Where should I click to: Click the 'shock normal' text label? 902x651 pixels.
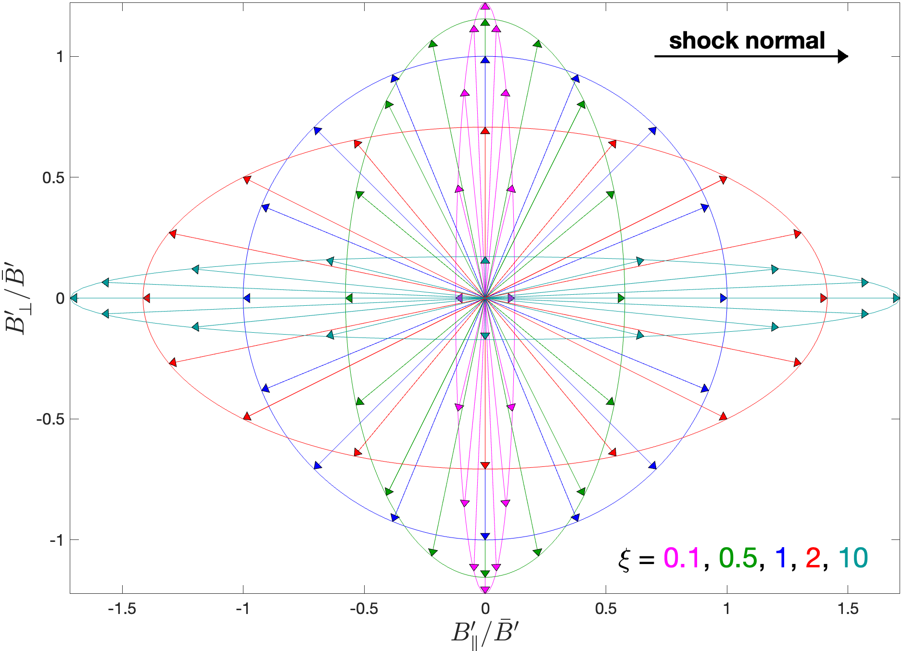tap(747, 40)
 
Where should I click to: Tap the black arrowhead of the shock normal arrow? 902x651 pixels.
tap(842, 56)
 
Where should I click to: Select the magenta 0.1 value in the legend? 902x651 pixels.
tap(682, 558)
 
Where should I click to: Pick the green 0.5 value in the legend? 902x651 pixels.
tap(737, 558)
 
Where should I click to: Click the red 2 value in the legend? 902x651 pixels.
tap(813, 558)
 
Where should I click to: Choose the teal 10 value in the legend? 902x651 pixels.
tap(853, 558)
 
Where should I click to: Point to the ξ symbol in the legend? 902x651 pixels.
tap(624, 559)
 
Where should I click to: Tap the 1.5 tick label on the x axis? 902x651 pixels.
tap(848, 609)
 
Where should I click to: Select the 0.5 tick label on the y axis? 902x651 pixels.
tap(53, 177)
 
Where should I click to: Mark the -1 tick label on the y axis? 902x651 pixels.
tap(56, 540)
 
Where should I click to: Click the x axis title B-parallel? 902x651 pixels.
tap(485, 634)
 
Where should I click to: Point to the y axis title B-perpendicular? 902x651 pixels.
tap(15, 298)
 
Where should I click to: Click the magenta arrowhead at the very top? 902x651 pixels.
tap(485, 6)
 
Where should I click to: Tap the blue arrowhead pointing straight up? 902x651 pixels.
tap(485, 60)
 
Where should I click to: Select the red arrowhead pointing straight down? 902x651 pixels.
tap(485, 465)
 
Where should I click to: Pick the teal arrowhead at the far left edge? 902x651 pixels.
tap(74, 298)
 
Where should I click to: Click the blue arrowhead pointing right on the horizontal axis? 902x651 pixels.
tap(723, 298)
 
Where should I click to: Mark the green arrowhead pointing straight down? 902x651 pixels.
tap(485, 573)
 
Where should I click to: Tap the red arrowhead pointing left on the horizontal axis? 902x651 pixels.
tap(147, 298)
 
